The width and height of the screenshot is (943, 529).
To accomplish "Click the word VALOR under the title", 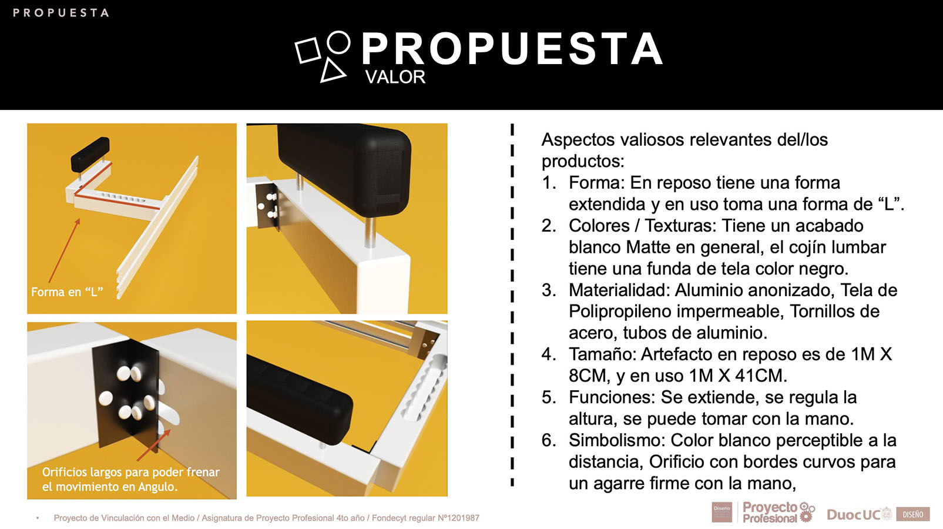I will [x=395, y=77].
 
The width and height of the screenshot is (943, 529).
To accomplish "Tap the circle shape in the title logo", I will [x=338, y=42].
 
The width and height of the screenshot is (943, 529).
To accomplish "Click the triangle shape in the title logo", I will [x=332, y=71].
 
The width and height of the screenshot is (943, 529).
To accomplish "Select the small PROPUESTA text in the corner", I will [x=61, y=12].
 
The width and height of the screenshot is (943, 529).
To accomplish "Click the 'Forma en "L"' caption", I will [x=67, y=292].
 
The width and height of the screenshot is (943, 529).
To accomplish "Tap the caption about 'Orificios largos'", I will [x=130, y=479].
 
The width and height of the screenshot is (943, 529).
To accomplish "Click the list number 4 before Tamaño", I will [x=548, y=354].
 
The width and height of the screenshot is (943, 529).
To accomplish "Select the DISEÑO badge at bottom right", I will [x=913, y=514].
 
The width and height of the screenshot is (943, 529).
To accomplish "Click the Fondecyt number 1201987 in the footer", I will [x=458, y=518].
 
